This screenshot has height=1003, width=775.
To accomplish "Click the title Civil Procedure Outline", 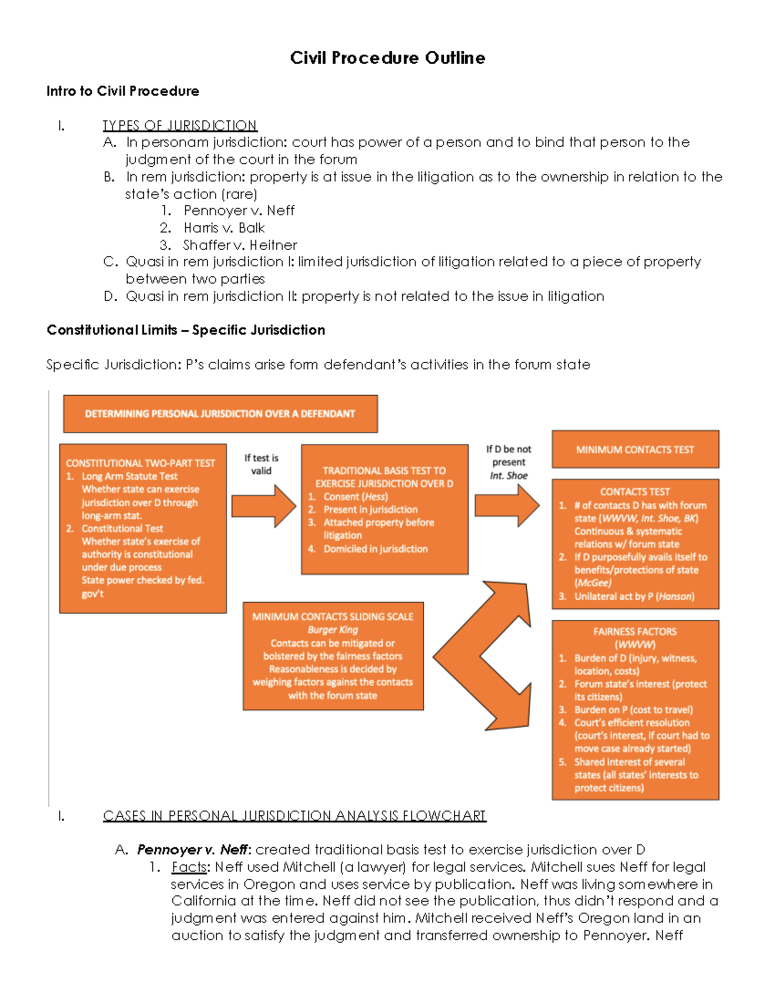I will pyautogui.click(x=387, y=58).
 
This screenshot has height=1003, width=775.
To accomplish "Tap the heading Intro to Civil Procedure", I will pyautogui.click(x=123, y=91).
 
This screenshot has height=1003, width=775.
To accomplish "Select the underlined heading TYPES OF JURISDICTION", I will pyautogui.click(x=180, y=125).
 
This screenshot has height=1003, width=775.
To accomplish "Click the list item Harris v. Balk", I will pyautogui.click(x=223, y=228).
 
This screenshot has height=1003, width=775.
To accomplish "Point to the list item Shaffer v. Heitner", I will pyautogui.click(x=240, y=245).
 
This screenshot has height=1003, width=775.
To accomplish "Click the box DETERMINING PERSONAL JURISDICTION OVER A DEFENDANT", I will pyautogui.click(x=220, y=414).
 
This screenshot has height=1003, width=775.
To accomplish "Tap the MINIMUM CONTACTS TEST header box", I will pyautogui.click(x=635, y=450).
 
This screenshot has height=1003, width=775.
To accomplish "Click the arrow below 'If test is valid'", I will pyautogui.click(x=263, y=506).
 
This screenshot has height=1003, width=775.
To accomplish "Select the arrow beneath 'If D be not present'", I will pyautogui.click(x=507, y=506).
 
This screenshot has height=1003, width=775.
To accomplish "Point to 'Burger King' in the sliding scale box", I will pyautogui.click(x=333, y=630).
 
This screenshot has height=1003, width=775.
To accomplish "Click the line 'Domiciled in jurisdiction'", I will pyautogui.click(x=375, y=549).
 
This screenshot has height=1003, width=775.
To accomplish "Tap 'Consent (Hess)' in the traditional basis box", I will pyautogui.click(x=355, y=497).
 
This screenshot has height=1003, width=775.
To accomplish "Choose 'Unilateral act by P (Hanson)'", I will pyautogui.click(x=634, y=597).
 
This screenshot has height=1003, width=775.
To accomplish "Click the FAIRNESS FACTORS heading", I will pyautogui.click(x=635, y=632).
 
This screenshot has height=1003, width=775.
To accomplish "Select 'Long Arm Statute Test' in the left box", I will pyautogui.click(x=129, y=476).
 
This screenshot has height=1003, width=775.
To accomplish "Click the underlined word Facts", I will pyautogui.click(x=189, y=867).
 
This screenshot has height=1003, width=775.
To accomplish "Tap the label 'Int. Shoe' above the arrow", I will pyautogui.click(x=508, y=475).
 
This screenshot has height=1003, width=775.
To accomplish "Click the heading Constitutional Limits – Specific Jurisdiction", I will pyautogui.click(x=186, y=330).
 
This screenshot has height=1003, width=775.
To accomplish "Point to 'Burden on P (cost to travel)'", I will pyautogui.click(x=634, y=710).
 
